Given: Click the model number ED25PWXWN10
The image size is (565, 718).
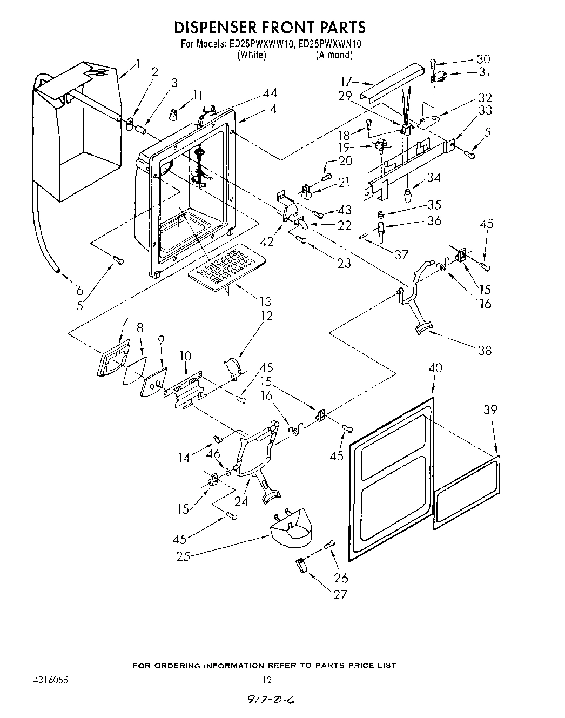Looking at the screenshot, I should click(x=328, y=45).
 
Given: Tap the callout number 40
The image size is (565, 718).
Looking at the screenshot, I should click(x=435, y=368).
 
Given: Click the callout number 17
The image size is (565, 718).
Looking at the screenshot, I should click(x=346, y=82).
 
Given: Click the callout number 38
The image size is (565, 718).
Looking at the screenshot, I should click(x=485, y=350).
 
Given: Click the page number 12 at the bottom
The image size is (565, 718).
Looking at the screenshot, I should click(x=267, y=680).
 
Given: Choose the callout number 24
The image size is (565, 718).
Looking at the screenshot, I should click(x=241, y=501).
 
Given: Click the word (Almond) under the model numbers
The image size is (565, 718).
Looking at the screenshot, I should click(x=334, y=55).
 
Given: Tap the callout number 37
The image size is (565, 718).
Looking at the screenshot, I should click(x=401, y=254).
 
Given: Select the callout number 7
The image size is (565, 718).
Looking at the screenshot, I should click(x=123, y=323).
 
